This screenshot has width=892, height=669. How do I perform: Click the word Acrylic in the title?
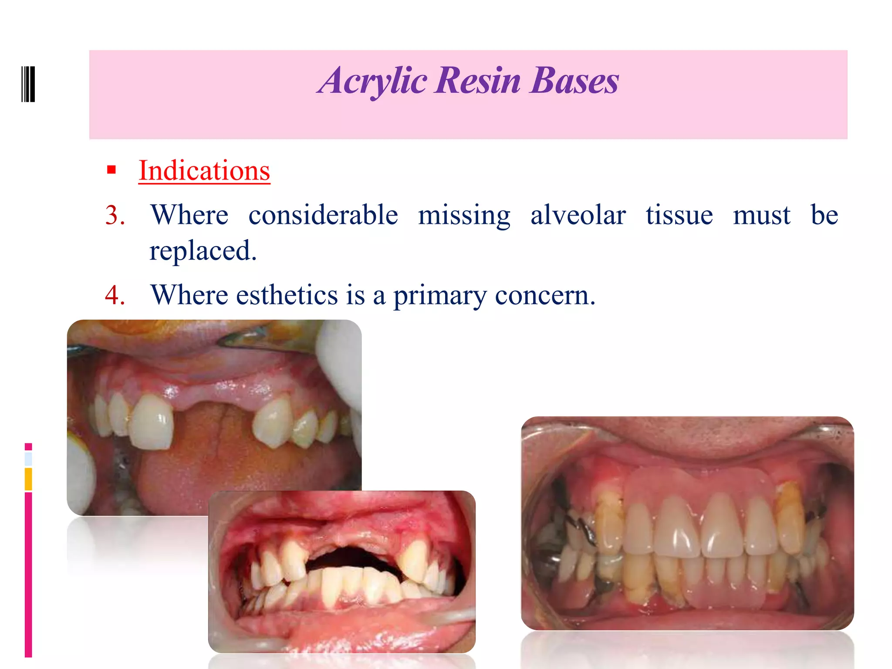[373, 81]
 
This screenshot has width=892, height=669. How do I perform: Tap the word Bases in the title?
[574, 81]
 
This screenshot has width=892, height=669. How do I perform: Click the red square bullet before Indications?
[111, 169]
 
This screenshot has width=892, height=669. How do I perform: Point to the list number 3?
[115, 215]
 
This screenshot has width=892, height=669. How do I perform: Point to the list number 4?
[115, 295]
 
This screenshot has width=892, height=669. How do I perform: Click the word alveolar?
[578, 215]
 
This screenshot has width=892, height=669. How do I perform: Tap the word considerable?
[323, 215]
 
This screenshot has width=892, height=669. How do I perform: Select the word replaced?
[203, 251]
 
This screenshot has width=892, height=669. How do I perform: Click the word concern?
[544, 296]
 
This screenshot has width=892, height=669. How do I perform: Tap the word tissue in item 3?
[679, 215]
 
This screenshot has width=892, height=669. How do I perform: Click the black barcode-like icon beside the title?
[28, 84]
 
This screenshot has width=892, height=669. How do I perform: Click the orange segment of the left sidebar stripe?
[28, 479]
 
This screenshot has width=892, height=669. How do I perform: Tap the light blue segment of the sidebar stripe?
[28, 459]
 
